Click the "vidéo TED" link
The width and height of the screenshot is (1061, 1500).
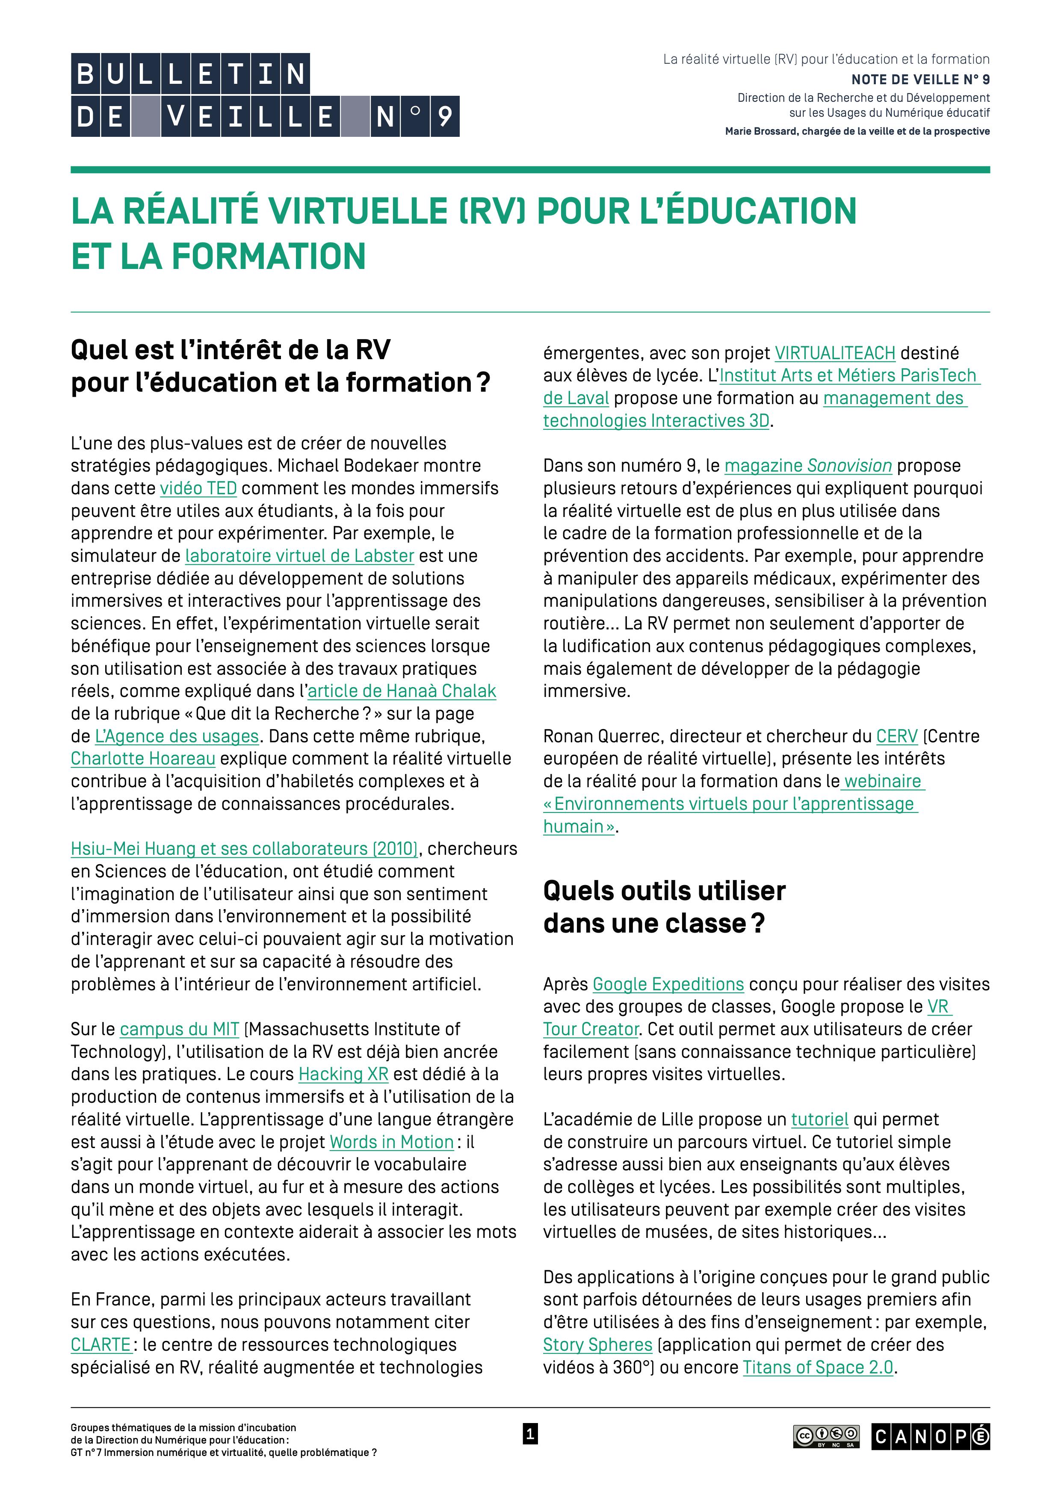[x=198, y=489]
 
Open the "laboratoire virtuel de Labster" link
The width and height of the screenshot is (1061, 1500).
[x=299, y=556]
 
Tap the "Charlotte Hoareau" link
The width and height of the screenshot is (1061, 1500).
[x=143, y=759]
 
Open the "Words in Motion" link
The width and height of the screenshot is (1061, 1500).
[x=391, y=1142]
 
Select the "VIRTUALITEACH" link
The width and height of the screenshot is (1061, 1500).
[x=834, y=354]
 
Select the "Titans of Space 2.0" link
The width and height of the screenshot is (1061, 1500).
[x=817, y=1367]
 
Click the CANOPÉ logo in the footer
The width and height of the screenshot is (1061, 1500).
[x=930, y=1437]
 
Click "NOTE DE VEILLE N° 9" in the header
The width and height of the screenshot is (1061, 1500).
[x=920, y=80]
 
